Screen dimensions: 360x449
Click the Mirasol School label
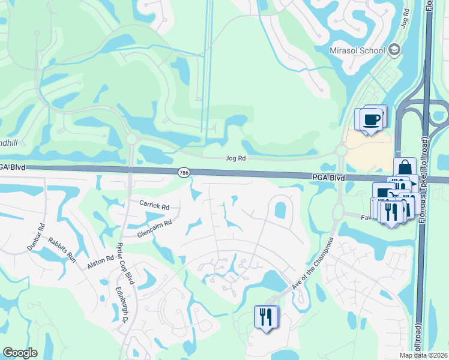357,50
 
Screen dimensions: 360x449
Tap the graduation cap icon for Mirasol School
395,49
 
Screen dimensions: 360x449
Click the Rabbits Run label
64,248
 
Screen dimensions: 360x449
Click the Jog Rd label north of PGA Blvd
235,159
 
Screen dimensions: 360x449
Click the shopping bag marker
405,167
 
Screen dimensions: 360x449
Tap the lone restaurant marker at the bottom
265,316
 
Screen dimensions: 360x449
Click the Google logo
20,353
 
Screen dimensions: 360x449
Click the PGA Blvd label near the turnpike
328,178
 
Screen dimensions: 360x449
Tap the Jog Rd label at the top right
406,21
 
